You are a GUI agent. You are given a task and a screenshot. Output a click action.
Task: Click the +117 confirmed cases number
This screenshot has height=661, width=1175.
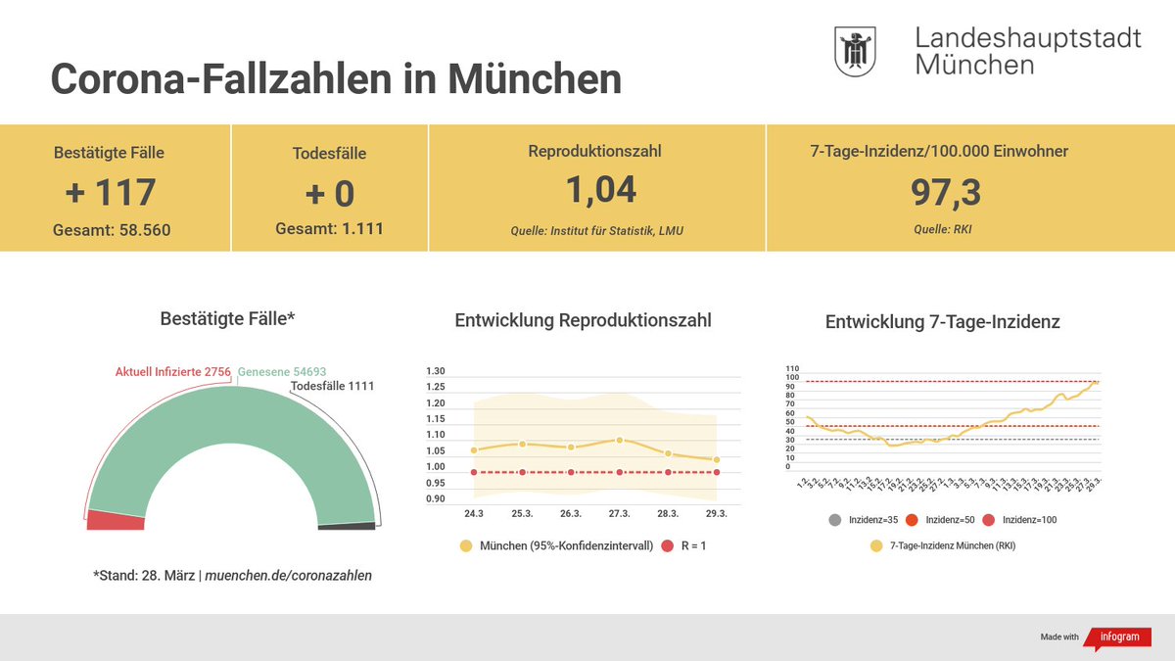(x=110, y=192)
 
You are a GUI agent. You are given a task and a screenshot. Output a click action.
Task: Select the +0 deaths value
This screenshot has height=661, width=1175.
(x=329, y=193)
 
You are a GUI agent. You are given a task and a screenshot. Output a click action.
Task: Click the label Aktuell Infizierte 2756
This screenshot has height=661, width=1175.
(x=172, y=372)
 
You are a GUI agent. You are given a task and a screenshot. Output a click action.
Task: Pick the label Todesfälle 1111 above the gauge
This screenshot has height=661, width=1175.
(x=332, y=386)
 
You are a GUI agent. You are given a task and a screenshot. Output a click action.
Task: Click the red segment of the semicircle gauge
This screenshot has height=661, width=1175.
(x=116, y=520)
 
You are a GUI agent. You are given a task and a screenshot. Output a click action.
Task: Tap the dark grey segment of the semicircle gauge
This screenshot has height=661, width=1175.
(x=347, y=526)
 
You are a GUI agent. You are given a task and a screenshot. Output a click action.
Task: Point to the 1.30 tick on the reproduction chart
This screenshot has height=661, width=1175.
(x=435, y=372)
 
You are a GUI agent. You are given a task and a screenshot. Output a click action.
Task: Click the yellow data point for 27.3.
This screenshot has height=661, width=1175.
(x=619, y=441)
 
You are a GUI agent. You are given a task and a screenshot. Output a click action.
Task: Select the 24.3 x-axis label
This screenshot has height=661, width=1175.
(x=474, y=513)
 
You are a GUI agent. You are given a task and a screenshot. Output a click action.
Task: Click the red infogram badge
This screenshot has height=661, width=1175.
(x=1118, y=637)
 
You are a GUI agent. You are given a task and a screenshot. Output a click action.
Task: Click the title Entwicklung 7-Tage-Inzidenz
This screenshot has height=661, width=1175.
(x=942, y=321)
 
